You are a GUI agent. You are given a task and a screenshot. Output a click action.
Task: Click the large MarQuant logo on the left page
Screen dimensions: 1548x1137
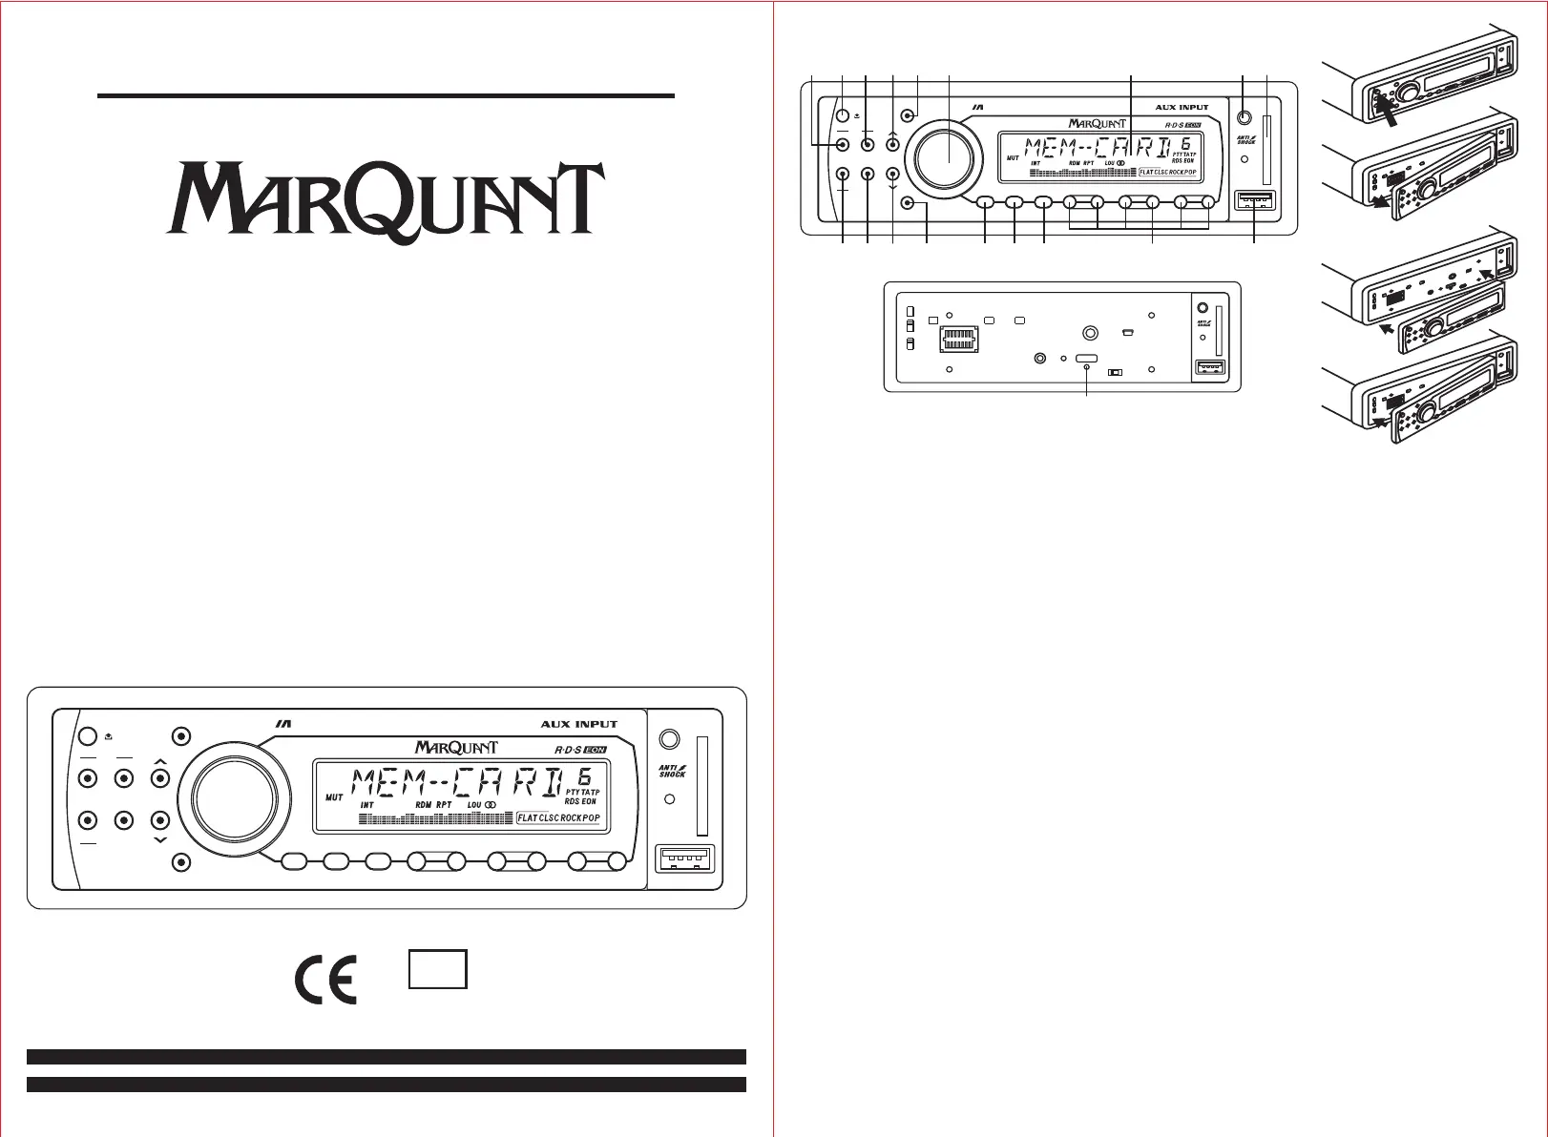[x=386, y=200]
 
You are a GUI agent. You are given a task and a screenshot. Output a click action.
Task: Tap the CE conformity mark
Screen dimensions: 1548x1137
[x=325, y=978]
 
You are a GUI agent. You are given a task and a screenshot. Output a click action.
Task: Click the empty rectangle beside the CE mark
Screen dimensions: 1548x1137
[x=438, y=968]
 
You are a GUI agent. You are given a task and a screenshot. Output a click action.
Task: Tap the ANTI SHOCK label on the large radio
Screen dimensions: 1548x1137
[x=672, y=769]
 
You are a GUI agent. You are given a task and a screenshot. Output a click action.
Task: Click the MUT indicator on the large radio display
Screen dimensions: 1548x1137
[x=334, y=796]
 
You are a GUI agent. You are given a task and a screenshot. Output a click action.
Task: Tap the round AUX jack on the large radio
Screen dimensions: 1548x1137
[x=669, y=738]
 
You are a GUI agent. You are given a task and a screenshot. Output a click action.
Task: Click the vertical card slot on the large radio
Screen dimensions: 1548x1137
[x=704, y=785]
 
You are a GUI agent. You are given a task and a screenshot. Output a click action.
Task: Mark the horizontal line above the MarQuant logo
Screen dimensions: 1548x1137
[x=386, y=96]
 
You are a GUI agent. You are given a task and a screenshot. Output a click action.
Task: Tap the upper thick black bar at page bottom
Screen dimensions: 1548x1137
[x=386, y=1056]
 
